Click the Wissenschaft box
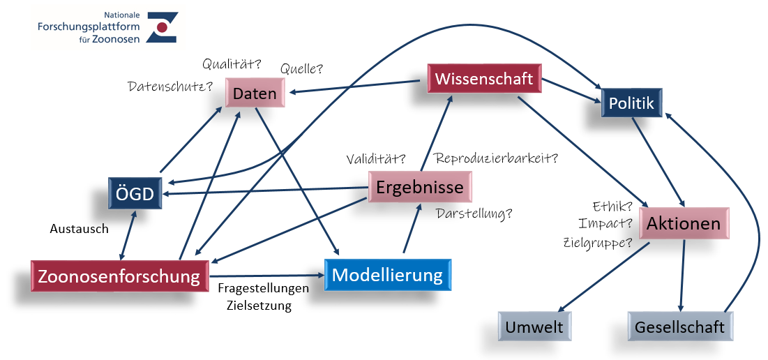tap(484, 78)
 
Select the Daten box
tap(255, 93)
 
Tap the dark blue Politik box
tap(631, 103)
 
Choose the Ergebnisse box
tap(420, 186)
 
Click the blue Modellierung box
tap(387, 275)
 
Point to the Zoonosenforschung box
tap(119, 276)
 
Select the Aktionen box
tap(684, 223)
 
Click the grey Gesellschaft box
tap(680, 327)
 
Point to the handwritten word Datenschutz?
tap(170, 87)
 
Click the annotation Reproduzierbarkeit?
tap(497, 158)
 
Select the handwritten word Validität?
tap(376, 158)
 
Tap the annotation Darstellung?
tap(474, 213)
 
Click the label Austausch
tap(80, 229)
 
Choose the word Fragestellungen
tap(264, 288)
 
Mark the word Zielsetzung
tap(259, 306)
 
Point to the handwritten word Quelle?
tap(302, 69)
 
